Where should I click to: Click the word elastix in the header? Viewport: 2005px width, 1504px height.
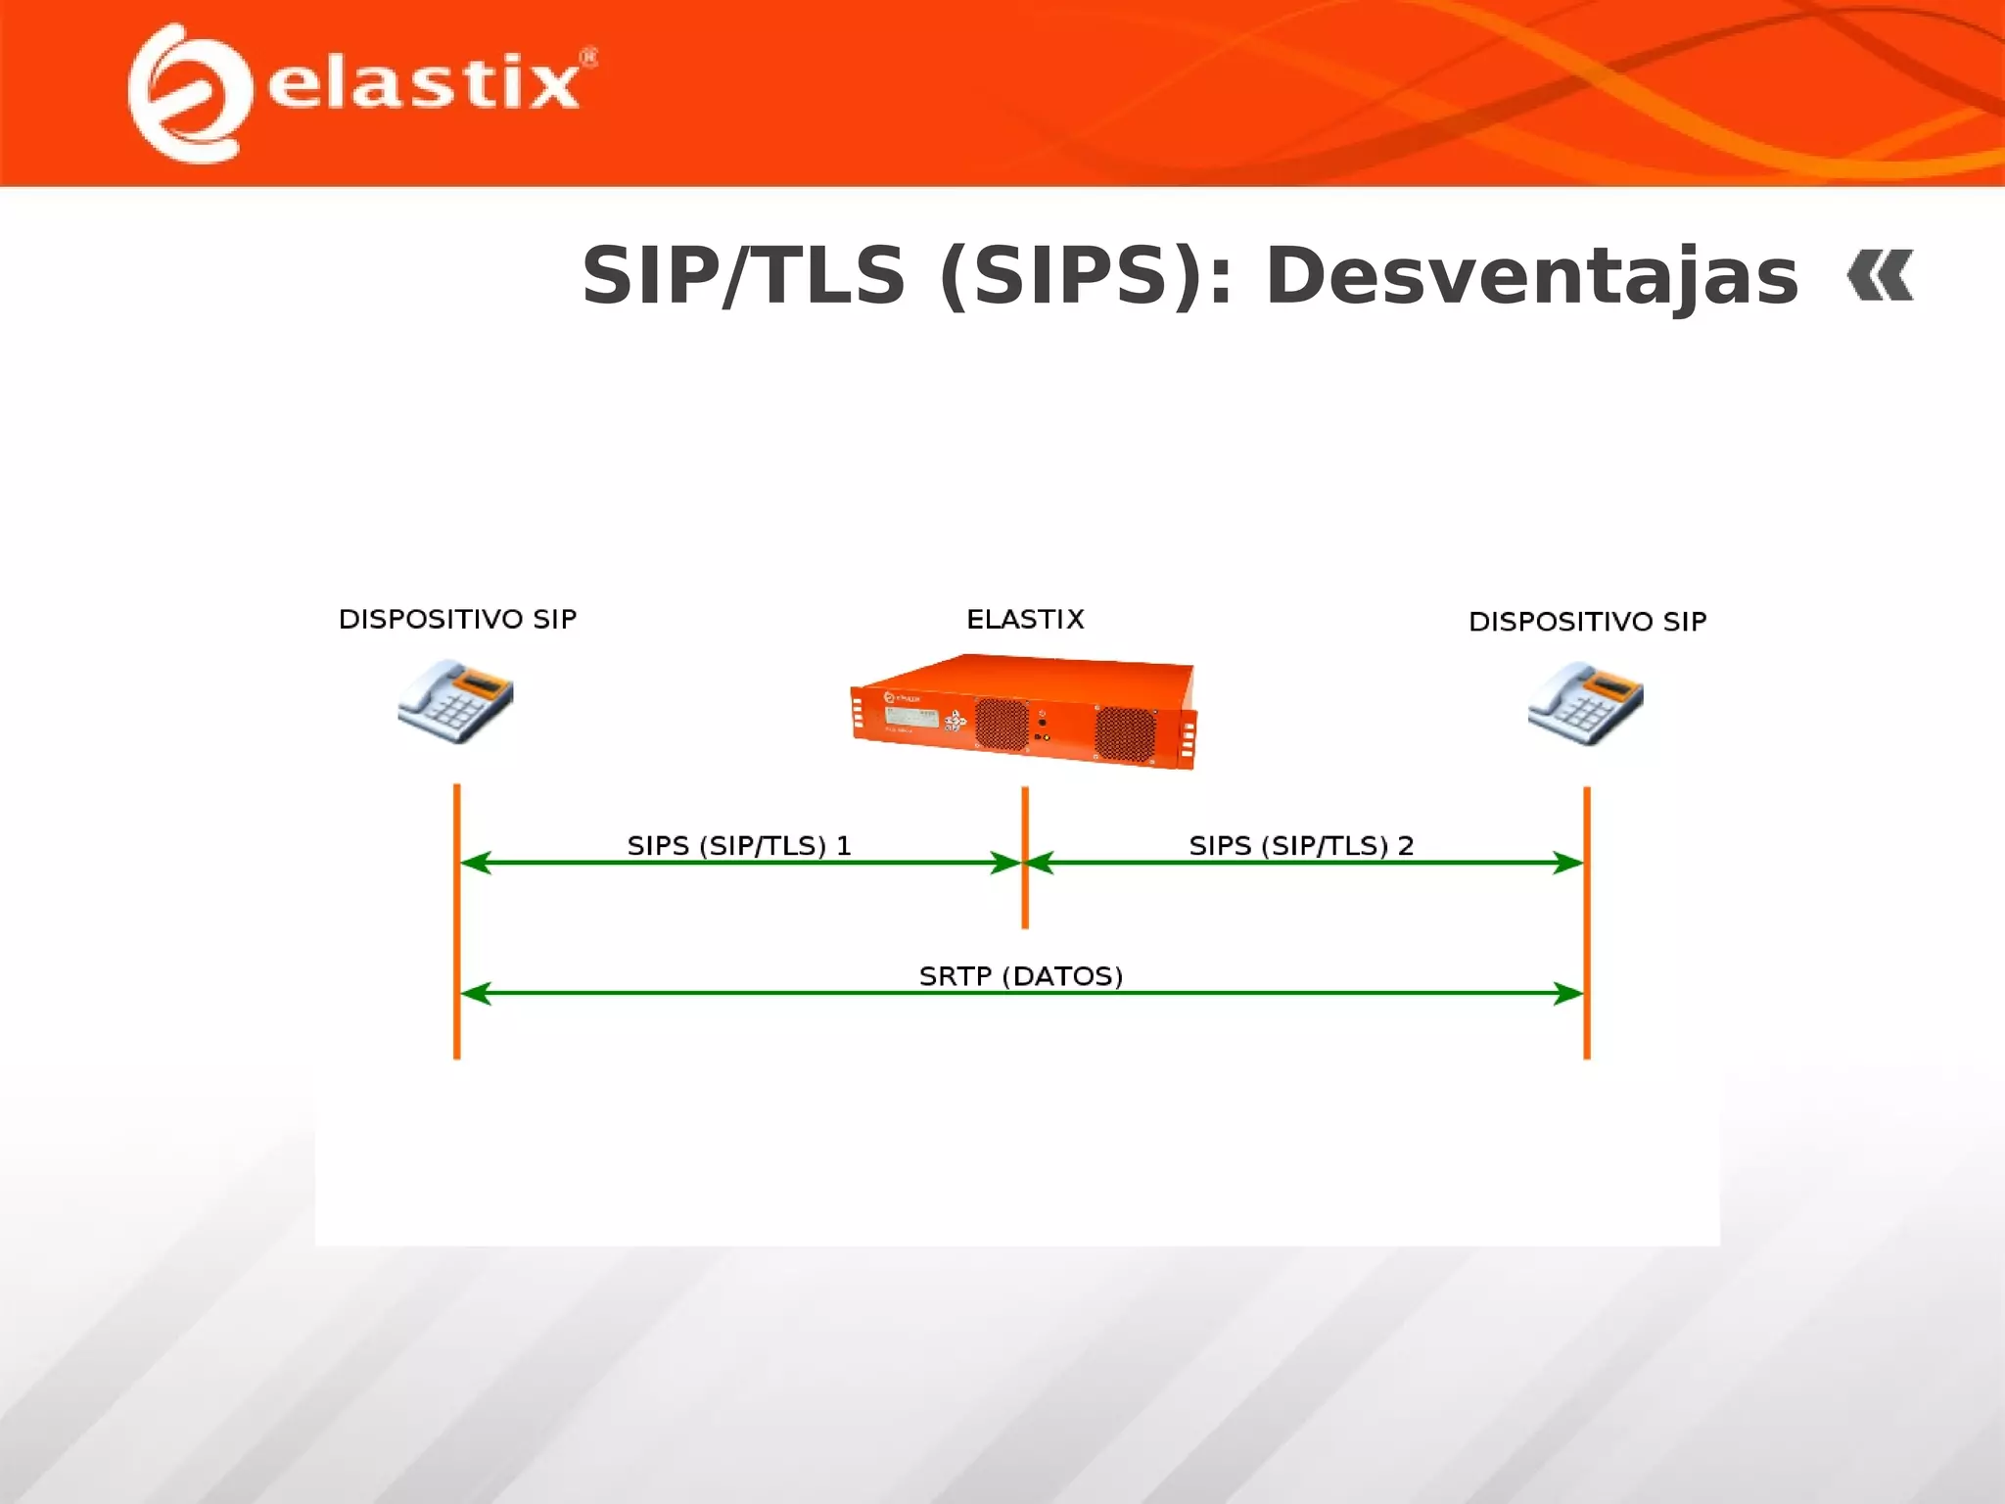point(423,83)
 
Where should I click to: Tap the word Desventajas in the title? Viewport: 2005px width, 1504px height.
point(1531,276)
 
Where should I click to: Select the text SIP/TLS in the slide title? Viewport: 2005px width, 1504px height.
point(743,276)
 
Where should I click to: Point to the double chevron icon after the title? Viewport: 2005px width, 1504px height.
point(1880,276)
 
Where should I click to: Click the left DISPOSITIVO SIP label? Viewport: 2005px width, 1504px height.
point(457,619)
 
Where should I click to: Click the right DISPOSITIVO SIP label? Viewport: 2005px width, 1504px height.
point(1587,621)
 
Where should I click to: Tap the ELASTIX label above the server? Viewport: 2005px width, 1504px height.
point(1025,619)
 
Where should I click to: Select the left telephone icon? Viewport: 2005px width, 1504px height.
point(456,701)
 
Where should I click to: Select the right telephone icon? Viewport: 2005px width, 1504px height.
point(1586,702)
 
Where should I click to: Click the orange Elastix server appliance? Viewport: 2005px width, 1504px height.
point(1024,712)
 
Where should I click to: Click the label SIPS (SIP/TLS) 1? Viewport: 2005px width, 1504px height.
point(739,845)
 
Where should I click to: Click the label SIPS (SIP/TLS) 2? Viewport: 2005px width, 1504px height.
point(1301,845)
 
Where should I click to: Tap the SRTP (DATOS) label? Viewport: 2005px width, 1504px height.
point(1020,975)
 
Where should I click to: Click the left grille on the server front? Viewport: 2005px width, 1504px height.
point(1001,726)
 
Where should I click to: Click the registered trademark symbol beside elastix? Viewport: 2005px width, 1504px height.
point(588,58)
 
